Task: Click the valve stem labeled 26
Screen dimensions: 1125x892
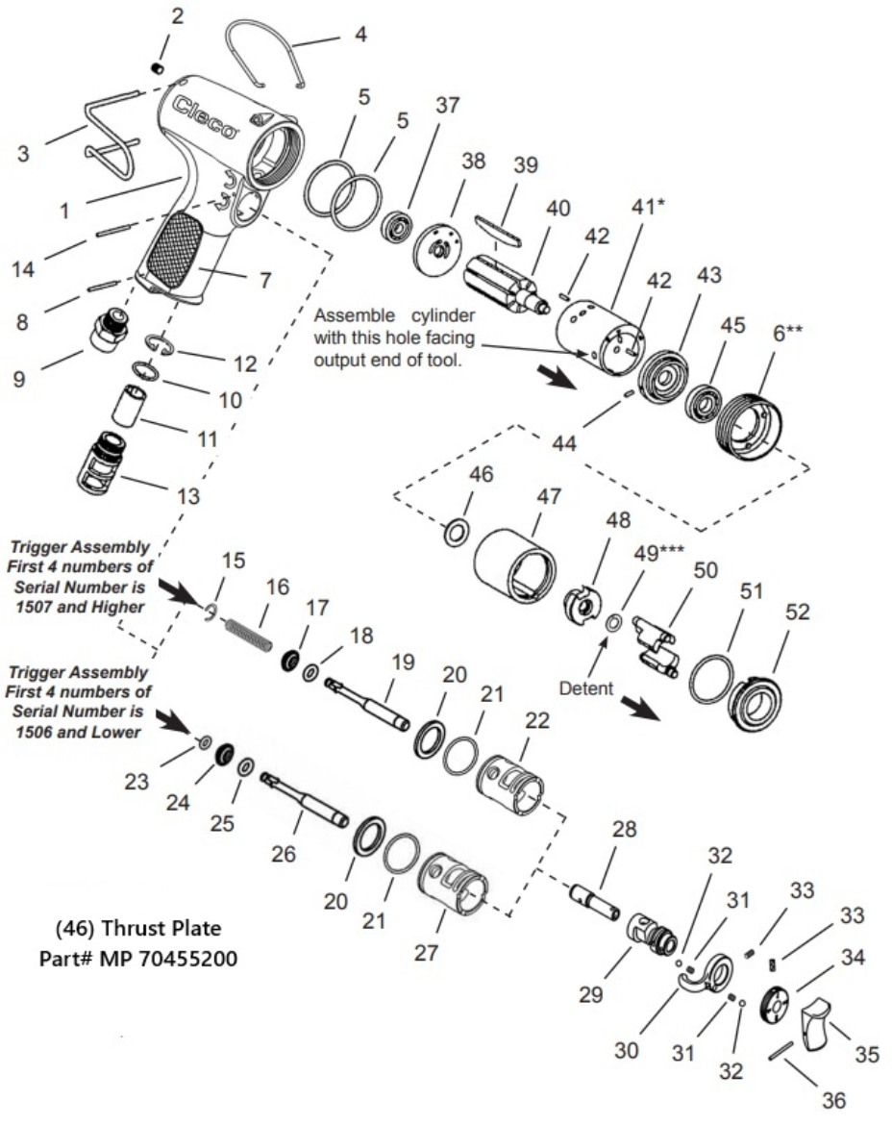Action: click(x=307, y=799)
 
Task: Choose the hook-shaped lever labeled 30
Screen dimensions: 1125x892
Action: click(x=700, y=976)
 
